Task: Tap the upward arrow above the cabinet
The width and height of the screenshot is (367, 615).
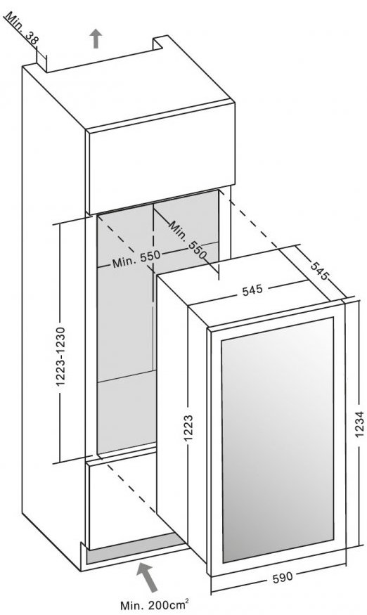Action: pos(96,39)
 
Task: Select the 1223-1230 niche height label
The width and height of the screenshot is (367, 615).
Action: pos(62,356)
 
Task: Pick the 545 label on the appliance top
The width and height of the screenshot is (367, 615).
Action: pos(252,290)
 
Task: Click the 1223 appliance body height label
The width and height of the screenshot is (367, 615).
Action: pos(189,428)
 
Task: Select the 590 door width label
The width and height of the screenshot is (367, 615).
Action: pos(282,577)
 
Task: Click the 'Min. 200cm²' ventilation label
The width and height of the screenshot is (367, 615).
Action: pos(156,604)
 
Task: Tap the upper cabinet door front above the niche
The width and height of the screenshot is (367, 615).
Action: pos(160,158)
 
